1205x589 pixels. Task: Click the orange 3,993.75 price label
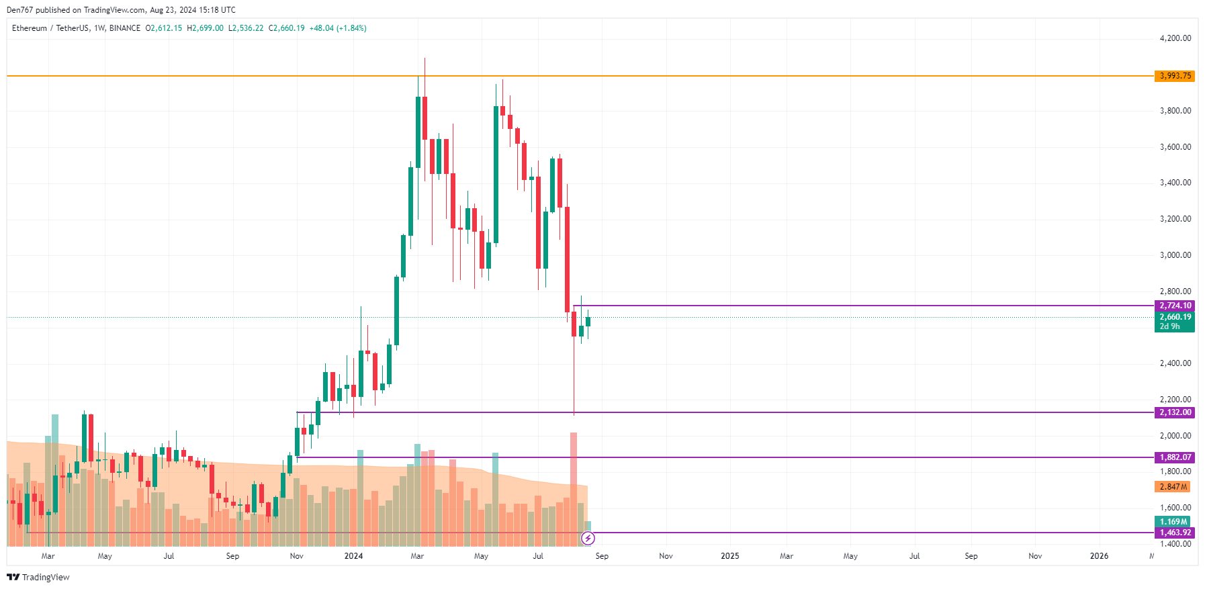click(x=1175, y=76)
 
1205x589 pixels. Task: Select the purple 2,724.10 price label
click(x=1175, y=306)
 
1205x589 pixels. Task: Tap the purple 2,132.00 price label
click(x=1175, y=412)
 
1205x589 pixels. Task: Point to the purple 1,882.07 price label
click(x=1175, y=457)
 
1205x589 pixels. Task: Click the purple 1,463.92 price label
click(x=1175, y=533)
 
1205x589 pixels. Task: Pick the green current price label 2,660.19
click(x=1175, y=317)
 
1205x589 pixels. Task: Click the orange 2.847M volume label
click(x=1173, y=487)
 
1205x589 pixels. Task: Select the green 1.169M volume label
click(x=1173, y=522)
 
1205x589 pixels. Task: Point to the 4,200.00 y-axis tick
click(x=1175, y=38)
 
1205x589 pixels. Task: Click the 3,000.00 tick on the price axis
click(x=1175, y=255)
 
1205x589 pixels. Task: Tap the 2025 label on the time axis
click(x=730, y=556)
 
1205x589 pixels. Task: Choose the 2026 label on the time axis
click(x=1099, y=556)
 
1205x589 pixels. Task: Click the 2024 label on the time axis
click(x=353, y=556)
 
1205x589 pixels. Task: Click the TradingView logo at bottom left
click(x=38, y=578)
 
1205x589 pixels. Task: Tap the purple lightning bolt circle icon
click(x=588, y=538)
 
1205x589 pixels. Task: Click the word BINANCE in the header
click(x=125, y=28)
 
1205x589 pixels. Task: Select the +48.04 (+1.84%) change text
click(x=338, y=28)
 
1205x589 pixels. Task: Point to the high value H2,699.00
click(x=205, y=28)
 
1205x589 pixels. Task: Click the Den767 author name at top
click(x=19, y=10)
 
